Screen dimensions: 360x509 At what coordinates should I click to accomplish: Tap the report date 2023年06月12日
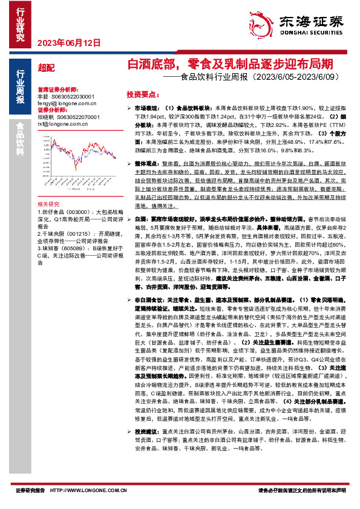(61, 42)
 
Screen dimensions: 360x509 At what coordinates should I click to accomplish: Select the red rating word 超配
(45, 68)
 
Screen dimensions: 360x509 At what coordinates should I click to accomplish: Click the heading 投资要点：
(143, 94)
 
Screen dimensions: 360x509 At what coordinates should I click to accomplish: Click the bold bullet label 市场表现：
(146, 107)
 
